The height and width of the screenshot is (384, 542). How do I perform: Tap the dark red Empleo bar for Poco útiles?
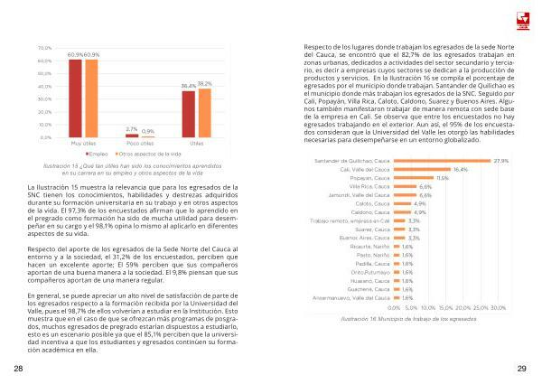(132, 136)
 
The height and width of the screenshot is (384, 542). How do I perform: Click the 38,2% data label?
(205, 83)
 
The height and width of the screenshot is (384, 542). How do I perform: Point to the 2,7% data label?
(132, 128)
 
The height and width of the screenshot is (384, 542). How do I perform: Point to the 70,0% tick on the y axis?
(45, 47)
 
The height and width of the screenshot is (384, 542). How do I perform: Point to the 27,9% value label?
(502, 161)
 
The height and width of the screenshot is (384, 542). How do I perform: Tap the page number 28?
(18, 369)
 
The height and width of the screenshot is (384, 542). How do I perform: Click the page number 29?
(522, 369)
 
